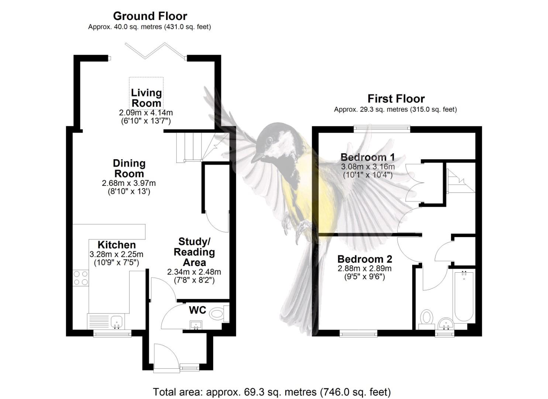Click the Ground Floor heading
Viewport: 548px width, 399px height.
tap(150, 16)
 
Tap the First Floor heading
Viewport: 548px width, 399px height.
tap(396, 99)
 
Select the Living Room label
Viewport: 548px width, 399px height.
tap(146, 98)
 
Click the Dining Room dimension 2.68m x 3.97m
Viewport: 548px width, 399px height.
tap(129, 183)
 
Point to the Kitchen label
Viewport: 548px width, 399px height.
tap(117, 245)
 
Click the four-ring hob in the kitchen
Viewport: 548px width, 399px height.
tap(81, 278)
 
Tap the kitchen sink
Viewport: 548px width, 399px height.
tap(117, 321)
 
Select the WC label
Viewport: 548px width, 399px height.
tap(197, 310)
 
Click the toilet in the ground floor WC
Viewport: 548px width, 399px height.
tap(218, 314)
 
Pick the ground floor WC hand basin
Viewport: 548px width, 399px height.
tap(196, 325)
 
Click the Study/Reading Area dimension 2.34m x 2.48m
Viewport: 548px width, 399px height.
tap(194, 272)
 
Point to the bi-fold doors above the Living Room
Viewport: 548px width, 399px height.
tap(155, 51)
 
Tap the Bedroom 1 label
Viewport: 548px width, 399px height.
tap(368, 157)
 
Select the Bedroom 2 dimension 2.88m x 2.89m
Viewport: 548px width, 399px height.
tap(365, 269)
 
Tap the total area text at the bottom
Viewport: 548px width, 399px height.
tap(272, 392)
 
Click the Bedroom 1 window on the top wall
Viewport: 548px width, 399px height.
tap(382, 129)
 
